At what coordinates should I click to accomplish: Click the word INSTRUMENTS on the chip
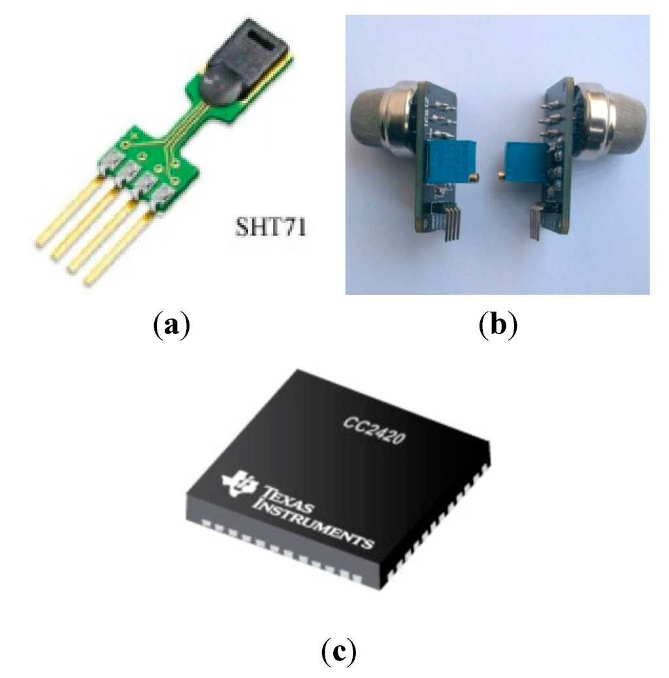pyautogui.click(x=316, y=523)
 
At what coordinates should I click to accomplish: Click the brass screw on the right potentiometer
pyautogui.click(x=502, y=174)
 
